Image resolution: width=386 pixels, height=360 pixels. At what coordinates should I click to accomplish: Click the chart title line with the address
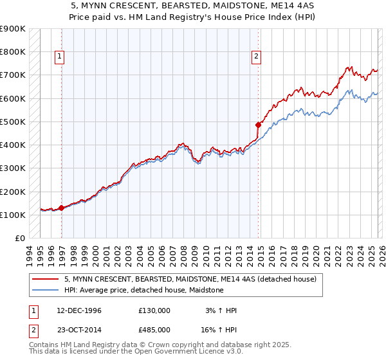(x=192, y=7)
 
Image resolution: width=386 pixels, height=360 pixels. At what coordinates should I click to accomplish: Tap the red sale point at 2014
(x=258, y=125)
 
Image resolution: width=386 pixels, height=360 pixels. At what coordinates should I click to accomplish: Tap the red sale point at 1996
(x=62, y=208)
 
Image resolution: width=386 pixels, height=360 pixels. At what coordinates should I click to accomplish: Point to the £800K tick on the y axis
(x=13, y=51)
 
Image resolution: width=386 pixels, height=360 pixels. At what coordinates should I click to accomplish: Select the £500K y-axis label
(x=13, y=122)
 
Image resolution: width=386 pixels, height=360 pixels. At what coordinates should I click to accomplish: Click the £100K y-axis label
(x=13, y=215)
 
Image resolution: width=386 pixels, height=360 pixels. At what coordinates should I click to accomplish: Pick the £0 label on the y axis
(x=19, y=238)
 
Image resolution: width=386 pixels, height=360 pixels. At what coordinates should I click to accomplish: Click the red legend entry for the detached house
(x=190, y=280)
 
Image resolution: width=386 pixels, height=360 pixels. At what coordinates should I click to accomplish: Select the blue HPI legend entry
(x=143, y=291)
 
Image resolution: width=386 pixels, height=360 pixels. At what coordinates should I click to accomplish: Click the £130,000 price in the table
(x=154, y=310)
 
